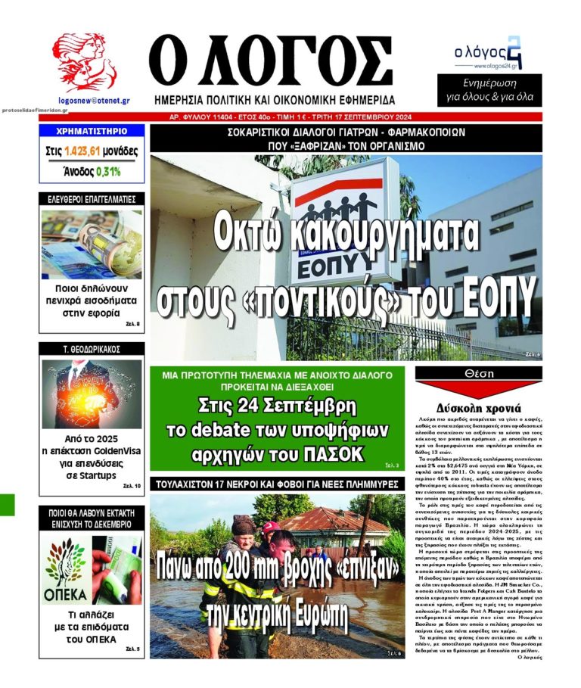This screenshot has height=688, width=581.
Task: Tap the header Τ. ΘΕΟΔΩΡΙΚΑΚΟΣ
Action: pyautogui.click(x=91, y=349)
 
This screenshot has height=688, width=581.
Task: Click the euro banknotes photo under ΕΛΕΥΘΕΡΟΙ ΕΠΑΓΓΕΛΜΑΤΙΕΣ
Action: pyautogui.click(x=91, y=244)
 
